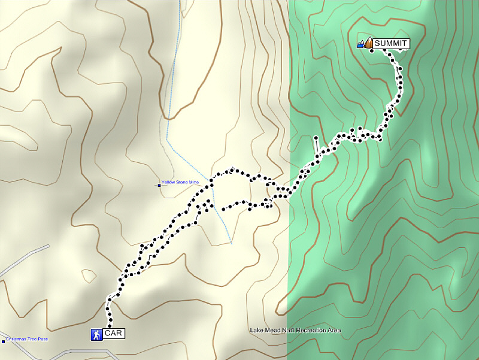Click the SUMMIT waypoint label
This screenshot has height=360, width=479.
pos(391,43)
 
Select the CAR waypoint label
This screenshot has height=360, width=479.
pos(113,334)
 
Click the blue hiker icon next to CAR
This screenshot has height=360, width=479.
pos(96,334)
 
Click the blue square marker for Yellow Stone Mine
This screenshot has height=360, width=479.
pos(159,185)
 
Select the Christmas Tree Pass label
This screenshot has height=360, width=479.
pos(27,340)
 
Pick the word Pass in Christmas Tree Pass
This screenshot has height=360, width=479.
pos(43,340)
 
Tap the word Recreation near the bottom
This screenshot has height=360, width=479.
pos(312,330)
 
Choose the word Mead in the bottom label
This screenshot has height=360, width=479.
pos(270,330)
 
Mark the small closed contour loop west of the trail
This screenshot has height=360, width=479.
pos(88,275)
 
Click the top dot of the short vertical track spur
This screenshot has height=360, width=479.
pos(315,138)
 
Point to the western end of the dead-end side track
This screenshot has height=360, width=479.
pos(223,209)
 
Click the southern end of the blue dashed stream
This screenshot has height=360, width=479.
pos(231,243)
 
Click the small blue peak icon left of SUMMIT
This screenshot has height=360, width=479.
pos(360,44)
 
